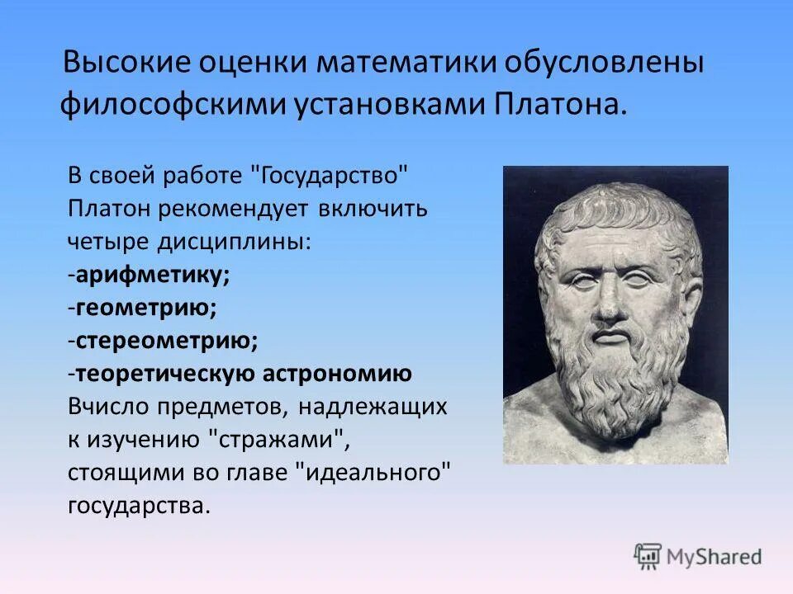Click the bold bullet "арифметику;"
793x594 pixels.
[x=154, y=275]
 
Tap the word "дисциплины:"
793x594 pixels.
[x=230, y=242]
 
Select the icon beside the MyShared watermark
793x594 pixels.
[x=648, y=556]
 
